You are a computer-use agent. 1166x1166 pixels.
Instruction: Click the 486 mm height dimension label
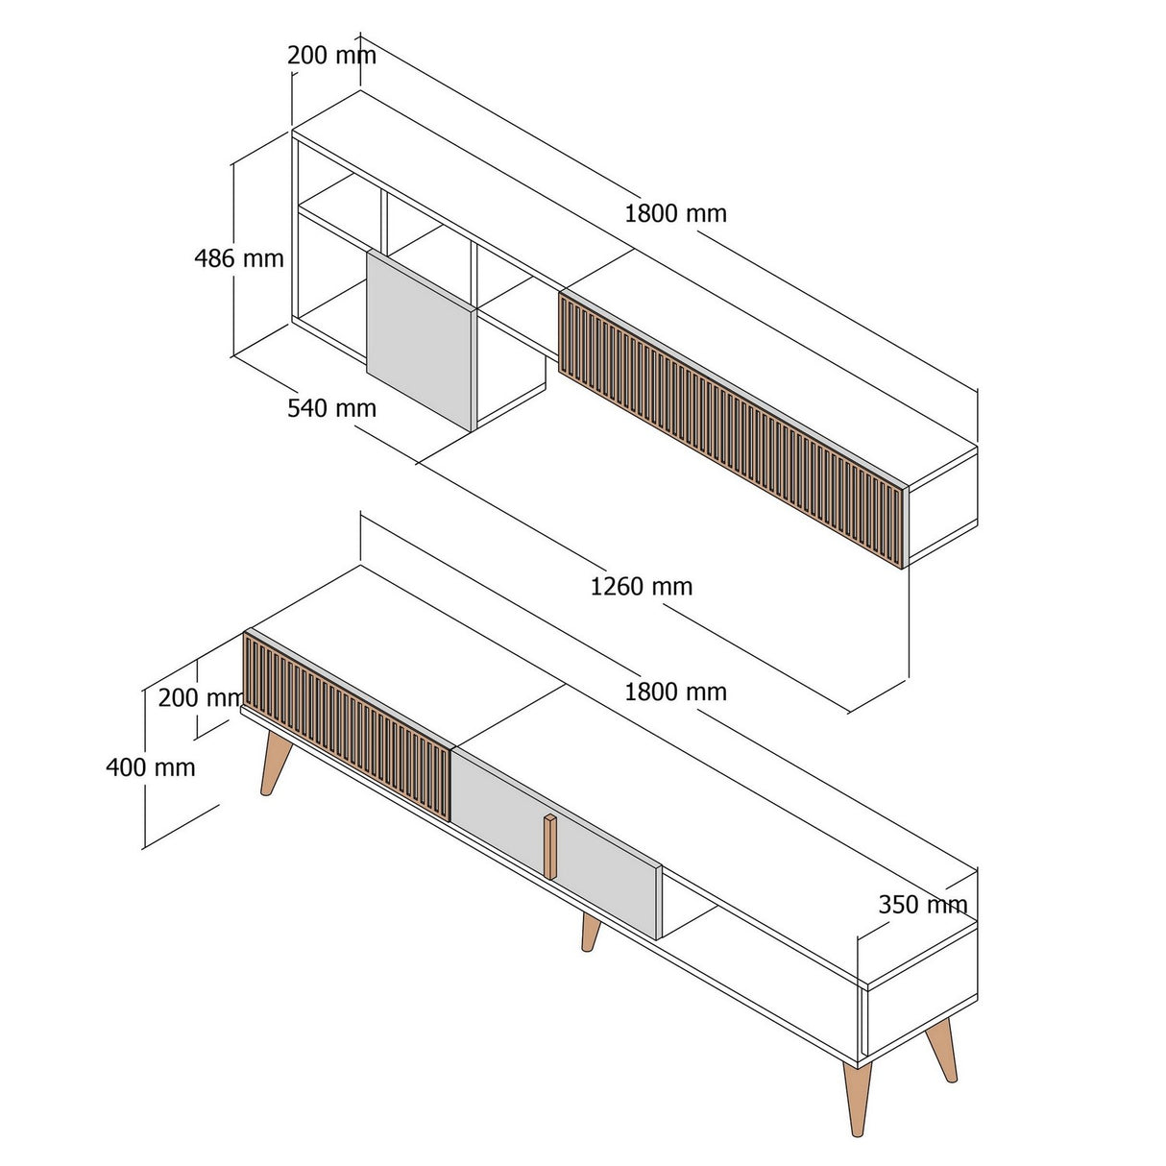[239, 258]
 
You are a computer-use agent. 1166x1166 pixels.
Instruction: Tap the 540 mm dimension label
[331, 408]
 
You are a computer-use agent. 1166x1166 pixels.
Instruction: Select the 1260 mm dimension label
[641, 586]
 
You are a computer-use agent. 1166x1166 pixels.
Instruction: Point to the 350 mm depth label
[922, 904]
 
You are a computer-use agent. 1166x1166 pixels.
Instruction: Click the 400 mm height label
[150, 766]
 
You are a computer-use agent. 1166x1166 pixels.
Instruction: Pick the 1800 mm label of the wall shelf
[675, 213]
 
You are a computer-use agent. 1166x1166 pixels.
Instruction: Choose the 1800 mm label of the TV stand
[675, 692]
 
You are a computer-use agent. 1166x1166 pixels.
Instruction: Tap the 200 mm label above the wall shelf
[331, 55]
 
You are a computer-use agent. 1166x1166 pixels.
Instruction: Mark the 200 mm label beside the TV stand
[199, 697]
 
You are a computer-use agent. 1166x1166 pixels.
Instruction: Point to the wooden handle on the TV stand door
[549, 845]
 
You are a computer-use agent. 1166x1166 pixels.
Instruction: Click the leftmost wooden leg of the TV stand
[273, 764]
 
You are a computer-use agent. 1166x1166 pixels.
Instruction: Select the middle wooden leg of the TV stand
[590, 933]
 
